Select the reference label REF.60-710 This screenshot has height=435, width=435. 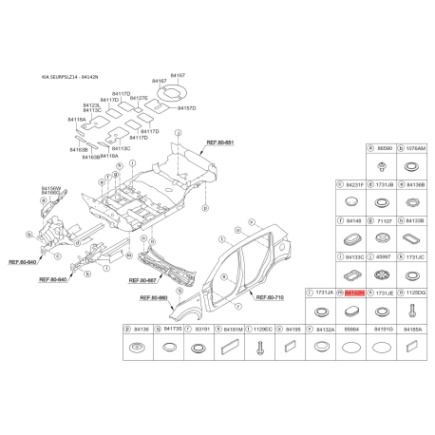pos(267,296)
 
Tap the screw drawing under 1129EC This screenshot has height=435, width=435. pos(232,349)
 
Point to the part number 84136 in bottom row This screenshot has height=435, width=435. pos(141,329)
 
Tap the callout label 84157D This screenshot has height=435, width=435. pos(186,108)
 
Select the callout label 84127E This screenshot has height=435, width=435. pos(139,99)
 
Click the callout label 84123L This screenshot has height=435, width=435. pos(92,105)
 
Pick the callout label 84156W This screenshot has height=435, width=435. pos(50,188)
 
